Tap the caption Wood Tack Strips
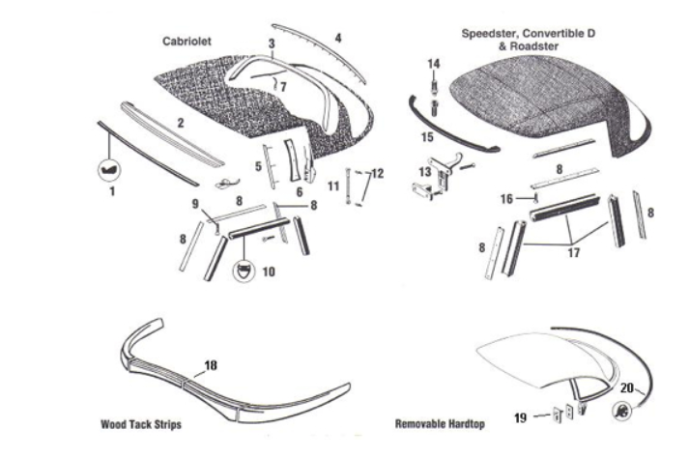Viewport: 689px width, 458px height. click(140, 424)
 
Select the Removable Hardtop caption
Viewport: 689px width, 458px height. click(440, 424)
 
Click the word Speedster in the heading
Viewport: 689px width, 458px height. click(493, 33)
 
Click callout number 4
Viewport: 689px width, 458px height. click(337, 38)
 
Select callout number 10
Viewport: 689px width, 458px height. click(268, 272)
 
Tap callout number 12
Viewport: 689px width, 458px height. click(377, 174)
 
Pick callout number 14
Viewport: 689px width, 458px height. click(434, 63)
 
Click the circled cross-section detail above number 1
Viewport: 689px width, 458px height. click(108, 170)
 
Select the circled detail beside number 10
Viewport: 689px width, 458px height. click(242, 271)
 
